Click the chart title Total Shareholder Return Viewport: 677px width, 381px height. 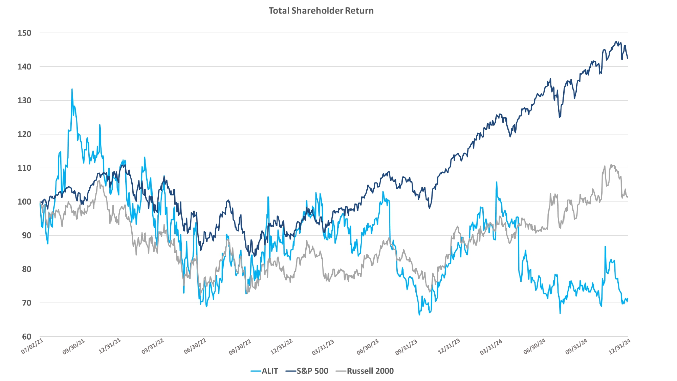point(321,10)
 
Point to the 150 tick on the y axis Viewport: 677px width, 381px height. point(24,33)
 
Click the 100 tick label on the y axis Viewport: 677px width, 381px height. point(24,202)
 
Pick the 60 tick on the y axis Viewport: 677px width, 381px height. point(26,337)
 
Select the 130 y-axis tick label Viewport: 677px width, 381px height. point(24,101)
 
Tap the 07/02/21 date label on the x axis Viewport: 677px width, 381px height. point(32,346)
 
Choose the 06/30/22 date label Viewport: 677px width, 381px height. point(195,346)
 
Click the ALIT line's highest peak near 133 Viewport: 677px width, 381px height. point(72,89)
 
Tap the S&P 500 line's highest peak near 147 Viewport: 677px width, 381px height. point(616,42)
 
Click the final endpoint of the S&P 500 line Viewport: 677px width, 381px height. point(628,58)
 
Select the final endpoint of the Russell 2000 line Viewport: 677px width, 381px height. point(628,197)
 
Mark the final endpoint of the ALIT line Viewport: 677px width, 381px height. point(628,299)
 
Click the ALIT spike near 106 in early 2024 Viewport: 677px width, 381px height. point(497,182)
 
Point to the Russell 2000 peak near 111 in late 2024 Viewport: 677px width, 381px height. point(611,165)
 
